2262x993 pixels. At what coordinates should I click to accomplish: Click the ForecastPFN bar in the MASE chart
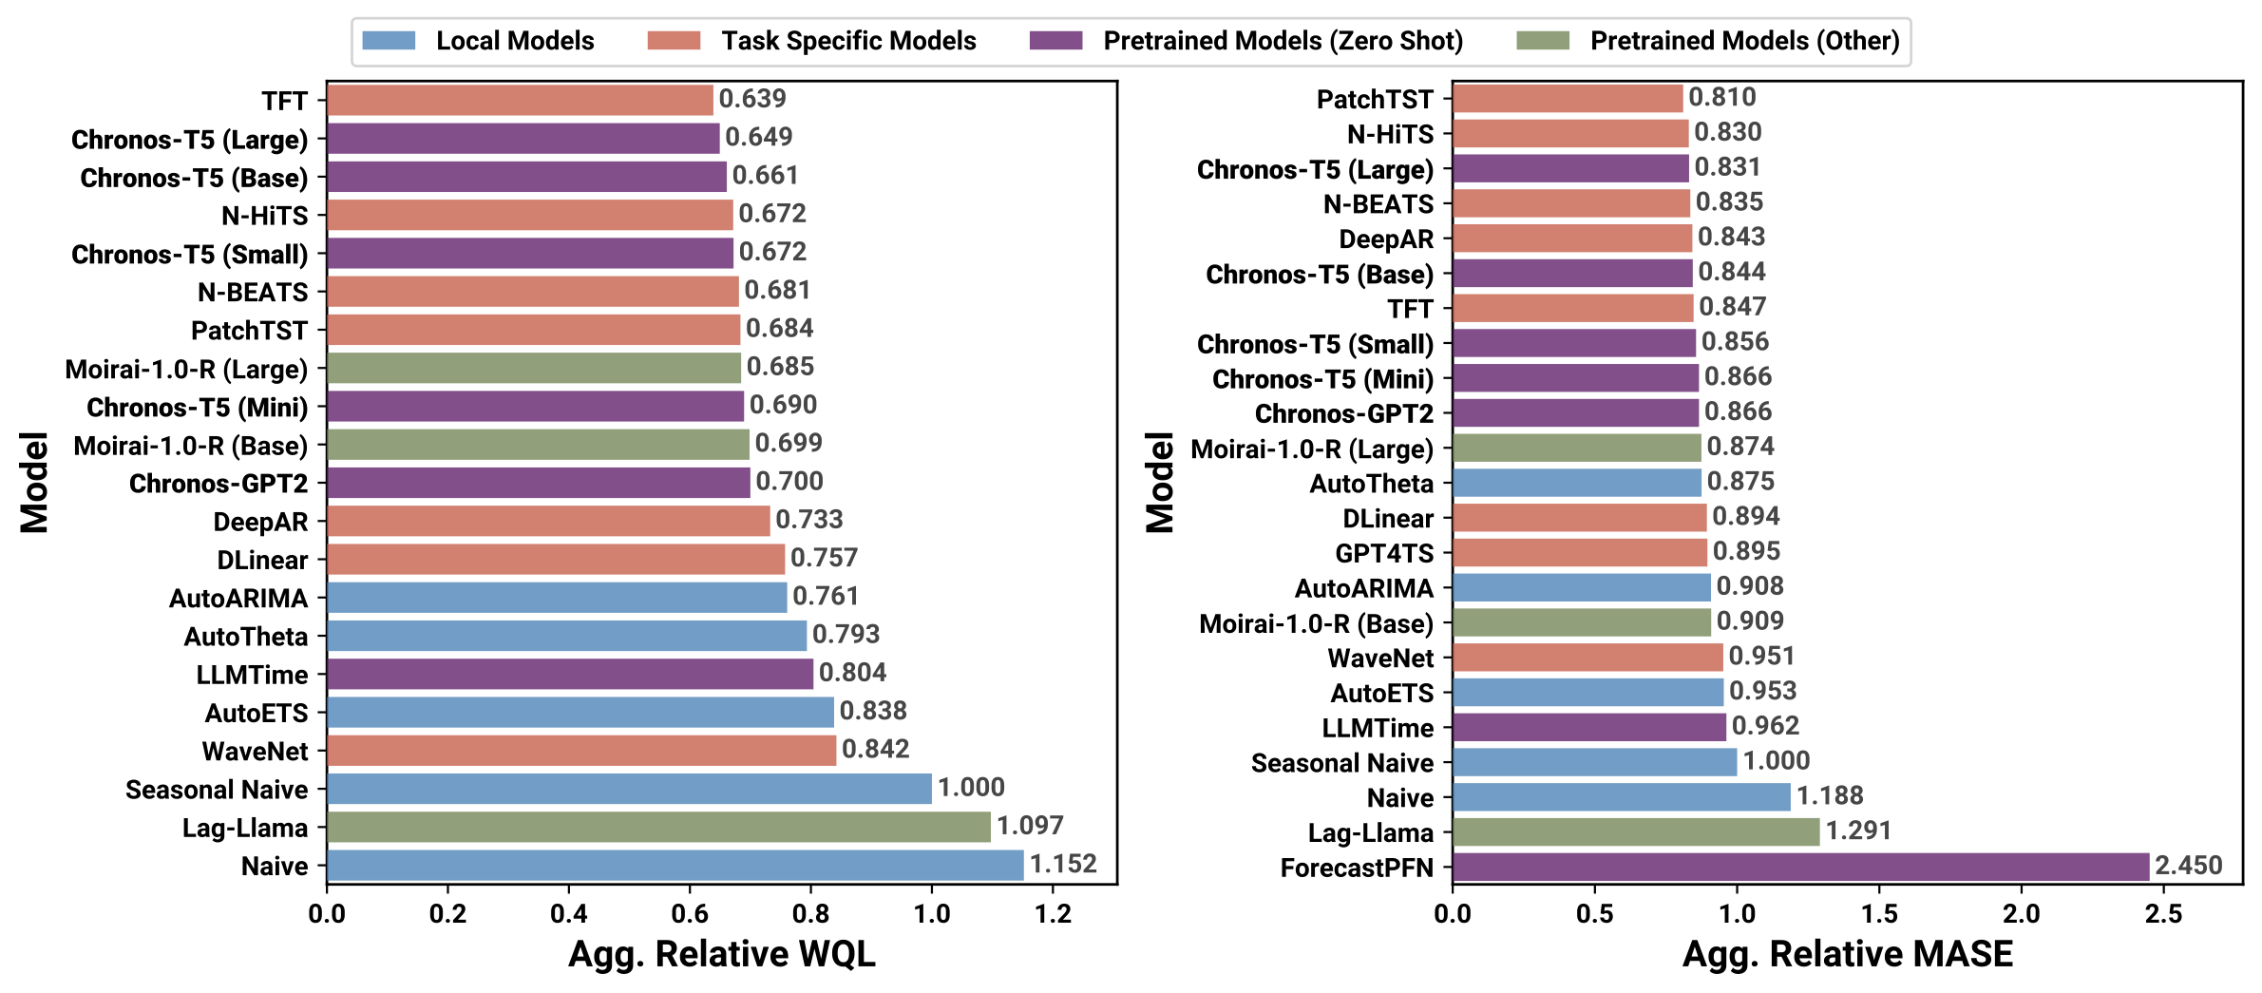point(1800,867)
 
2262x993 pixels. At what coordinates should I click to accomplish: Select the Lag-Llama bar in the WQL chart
point(658,827)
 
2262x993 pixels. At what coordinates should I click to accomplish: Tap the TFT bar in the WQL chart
point(520,100)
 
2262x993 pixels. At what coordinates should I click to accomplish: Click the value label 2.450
point(2189,866)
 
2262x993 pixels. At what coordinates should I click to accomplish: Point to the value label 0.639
point(752,99)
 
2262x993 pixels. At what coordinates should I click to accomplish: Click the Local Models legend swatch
point(389,41)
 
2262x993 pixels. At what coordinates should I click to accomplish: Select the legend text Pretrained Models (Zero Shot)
point(1283,41)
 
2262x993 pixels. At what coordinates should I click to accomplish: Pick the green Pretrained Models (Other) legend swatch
point(1543,41)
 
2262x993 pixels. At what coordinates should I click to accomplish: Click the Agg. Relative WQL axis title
point(722,954)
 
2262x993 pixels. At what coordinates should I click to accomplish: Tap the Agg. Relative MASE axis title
point(1847,954)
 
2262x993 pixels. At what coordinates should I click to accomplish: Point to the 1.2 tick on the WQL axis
point(1053,914)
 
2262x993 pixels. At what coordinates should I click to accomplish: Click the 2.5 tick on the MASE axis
point(2163,914)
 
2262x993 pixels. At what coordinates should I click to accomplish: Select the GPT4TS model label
point(1384,553)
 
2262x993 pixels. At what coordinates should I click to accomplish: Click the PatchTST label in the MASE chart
point(1375,99)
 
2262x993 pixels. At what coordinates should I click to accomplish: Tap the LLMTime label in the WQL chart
point(252,675)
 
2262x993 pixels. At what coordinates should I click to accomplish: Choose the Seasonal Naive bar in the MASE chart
point(1594,762)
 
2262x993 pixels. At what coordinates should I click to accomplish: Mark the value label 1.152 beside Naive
point(1063,864)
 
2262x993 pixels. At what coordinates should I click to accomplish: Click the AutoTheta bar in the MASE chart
point(1577,483)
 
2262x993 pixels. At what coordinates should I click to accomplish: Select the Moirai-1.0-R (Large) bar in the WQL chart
point(533,368)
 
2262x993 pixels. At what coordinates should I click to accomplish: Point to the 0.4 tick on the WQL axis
point(568,914)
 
